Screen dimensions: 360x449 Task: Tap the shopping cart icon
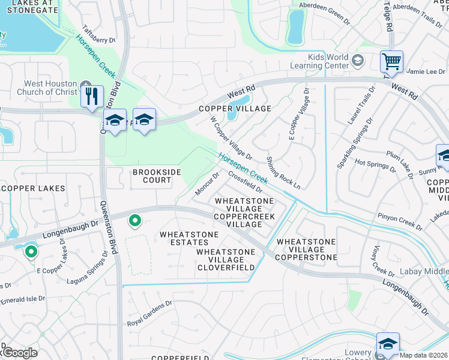(x=391, y=61)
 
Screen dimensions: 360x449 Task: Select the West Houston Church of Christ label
(x=52, y=88)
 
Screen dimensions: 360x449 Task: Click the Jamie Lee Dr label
(x=424, y=71)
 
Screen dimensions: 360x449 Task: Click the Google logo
(x=19, y=353)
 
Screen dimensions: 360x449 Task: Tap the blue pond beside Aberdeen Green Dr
(x=295, y=28)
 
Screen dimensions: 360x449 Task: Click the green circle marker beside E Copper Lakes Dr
(x=31, y=253)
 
